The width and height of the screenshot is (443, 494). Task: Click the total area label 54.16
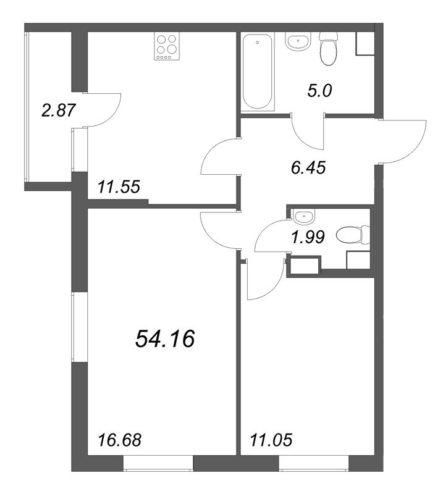click(165, 339)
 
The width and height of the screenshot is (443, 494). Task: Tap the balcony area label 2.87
click(59, 111)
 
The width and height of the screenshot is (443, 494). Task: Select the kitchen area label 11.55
click(119, 187)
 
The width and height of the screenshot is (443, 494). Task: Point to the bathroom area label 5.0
click(319, 91)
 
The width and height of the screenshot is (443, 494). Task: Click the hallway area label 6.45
click(308, 167)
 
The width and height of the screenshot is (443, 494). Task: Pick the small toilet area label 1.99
click(308, 237)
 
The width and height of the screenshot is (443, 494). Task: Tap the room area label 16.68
click(119, 440)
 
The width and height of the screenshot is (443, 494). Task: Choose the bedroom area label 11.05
click(271, 440)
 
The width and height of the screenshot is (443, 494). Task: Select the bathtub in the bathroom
click(258, 72)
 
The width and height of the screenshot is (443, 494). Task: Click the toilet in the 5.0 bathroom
click(328, 49)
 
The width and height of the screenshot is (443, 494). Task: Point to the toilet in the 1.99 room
click(353, 235)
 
